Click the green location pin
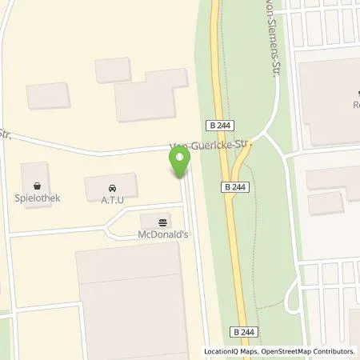tap(179, 163)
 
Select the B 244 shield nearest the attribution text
tap(246, 331)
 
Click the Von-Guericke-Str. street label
tap(210, 146)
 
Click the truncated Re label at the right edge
tap(355, 105)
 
